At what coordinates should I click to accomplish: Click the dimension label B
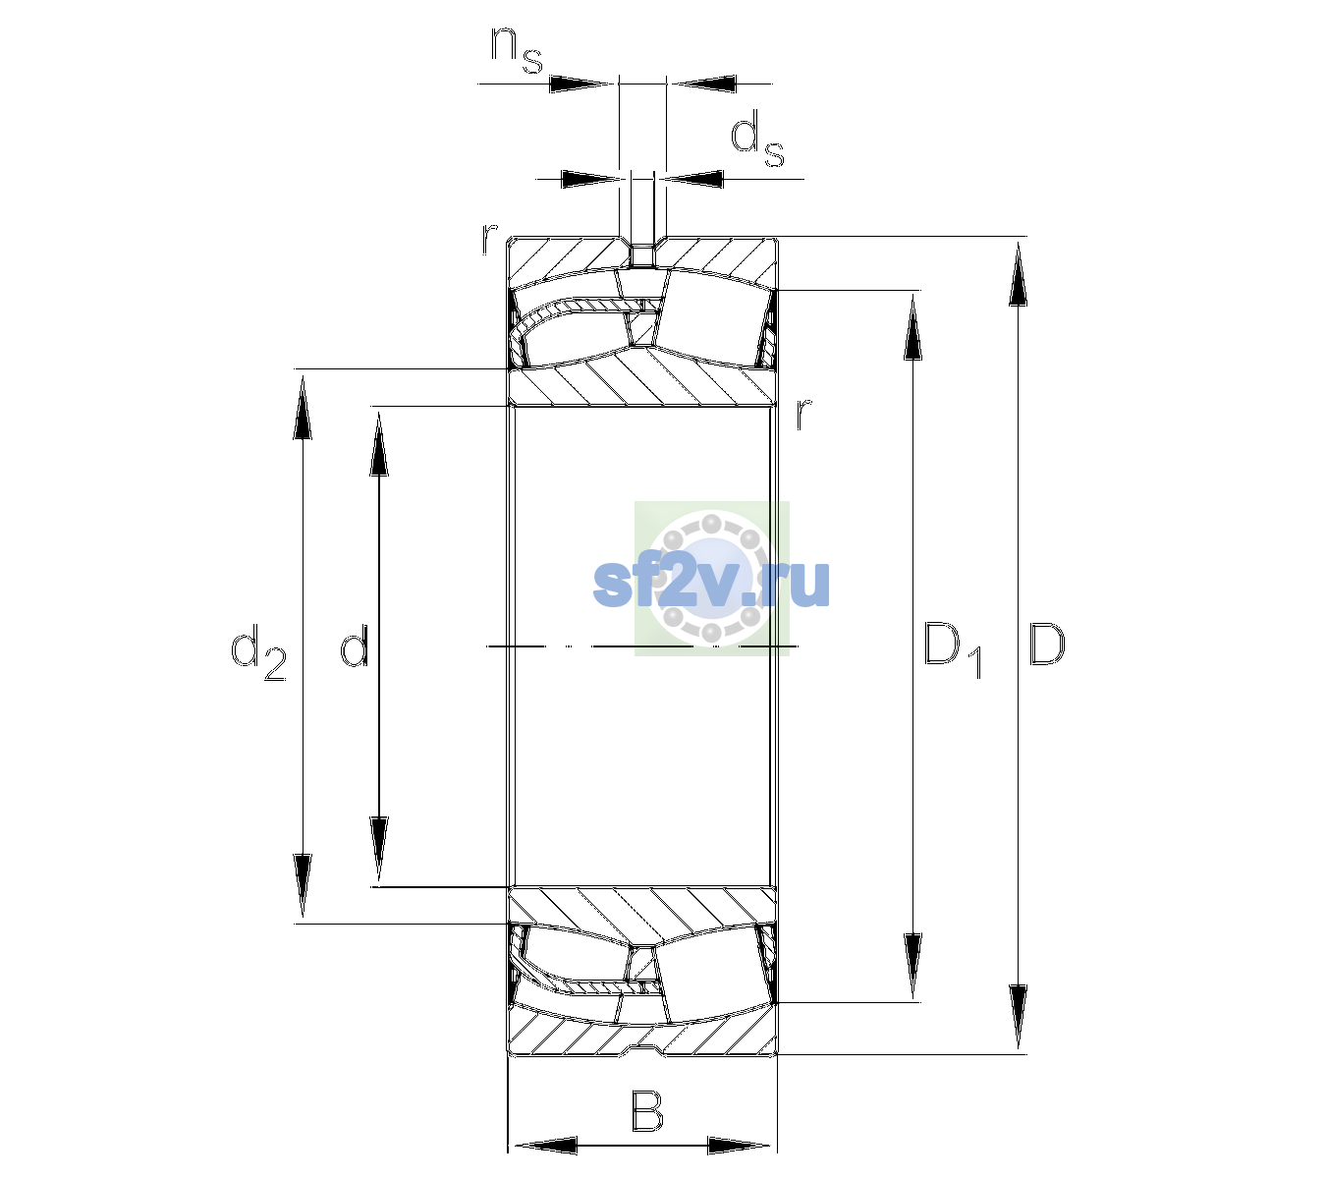[x=646, y=1111]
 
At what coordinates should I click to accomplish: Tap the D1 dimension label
[x=953, y=649]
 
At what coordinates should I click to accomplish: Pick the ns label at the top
[x=517, y=50]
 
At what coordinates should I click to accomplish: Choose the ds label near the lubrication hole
[x=756, y=139]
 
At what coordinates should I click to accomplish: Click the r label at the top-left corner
[x=489, y=239]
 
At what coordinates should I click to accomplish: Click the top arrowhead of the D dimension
[x=1018, y=274]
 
